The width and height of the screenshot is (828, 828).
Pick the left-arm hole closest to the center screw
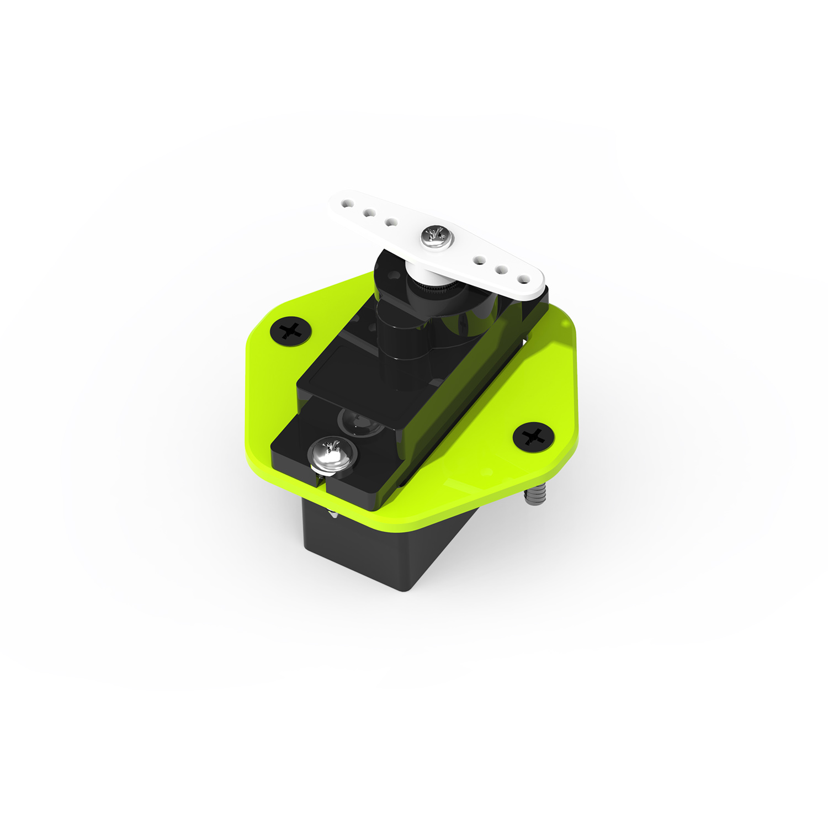[391, 222]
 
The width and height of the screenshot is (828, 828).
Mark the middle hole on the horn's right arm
[502, 270]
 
